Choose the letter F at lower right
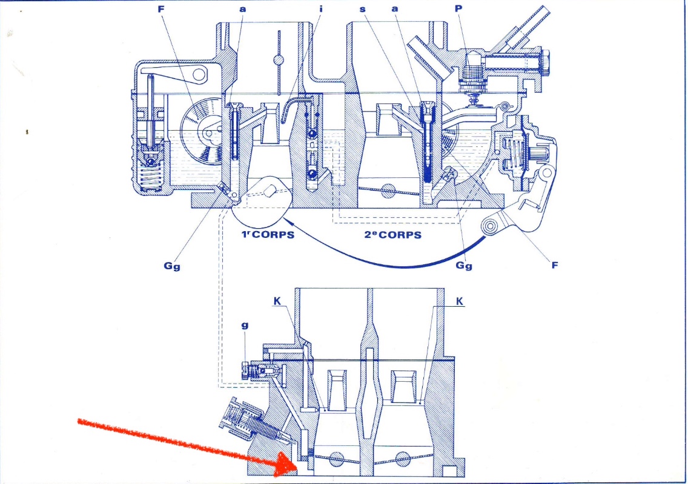coord(554,264)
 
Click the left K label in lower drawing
coord(276,301)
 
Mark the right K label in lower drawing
coord(459,301)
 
